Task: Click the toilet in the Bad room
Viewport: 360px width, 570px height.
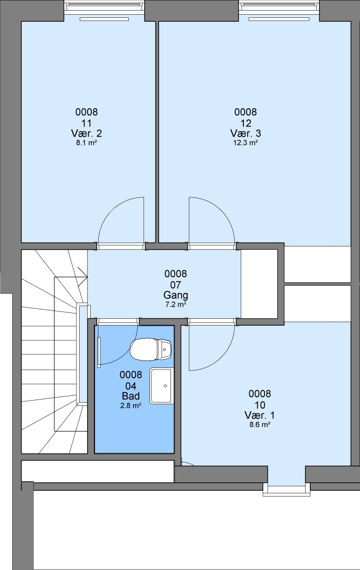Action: [150, 349]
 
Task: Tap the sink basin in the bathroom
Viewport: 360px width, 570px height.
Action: [162, 385]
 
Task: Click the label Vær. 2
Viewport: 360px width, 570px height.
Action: [87, 133]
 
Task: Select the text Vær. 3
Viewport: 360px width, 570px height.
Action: [245, 133]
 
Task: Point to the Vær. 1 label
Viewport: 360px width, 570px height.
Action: [260, 415]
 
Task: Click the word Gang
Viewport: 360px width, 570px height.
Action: [176, 295]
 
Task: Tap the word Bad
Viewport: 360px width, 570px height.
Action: [131, 396]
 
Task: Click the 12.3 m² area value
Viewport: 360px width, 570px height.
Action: [245, 143]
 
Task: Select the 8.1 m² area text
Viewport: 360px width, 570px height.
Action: [87, 143]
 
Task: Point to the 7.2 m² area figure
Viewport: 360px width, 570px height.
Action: [176, 305]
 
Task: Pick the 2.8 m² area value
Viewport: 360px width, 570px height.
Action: [131, 405]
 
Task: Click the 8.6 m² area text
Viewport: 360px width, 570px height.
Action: [260, 424]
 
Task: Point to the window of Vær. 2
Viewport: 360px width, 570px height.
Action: [104, 7]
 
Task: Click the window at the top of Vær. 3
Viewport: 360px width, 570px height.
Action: [279, 7]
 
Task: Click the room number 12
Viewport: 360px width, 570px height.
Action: [245, 123]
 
